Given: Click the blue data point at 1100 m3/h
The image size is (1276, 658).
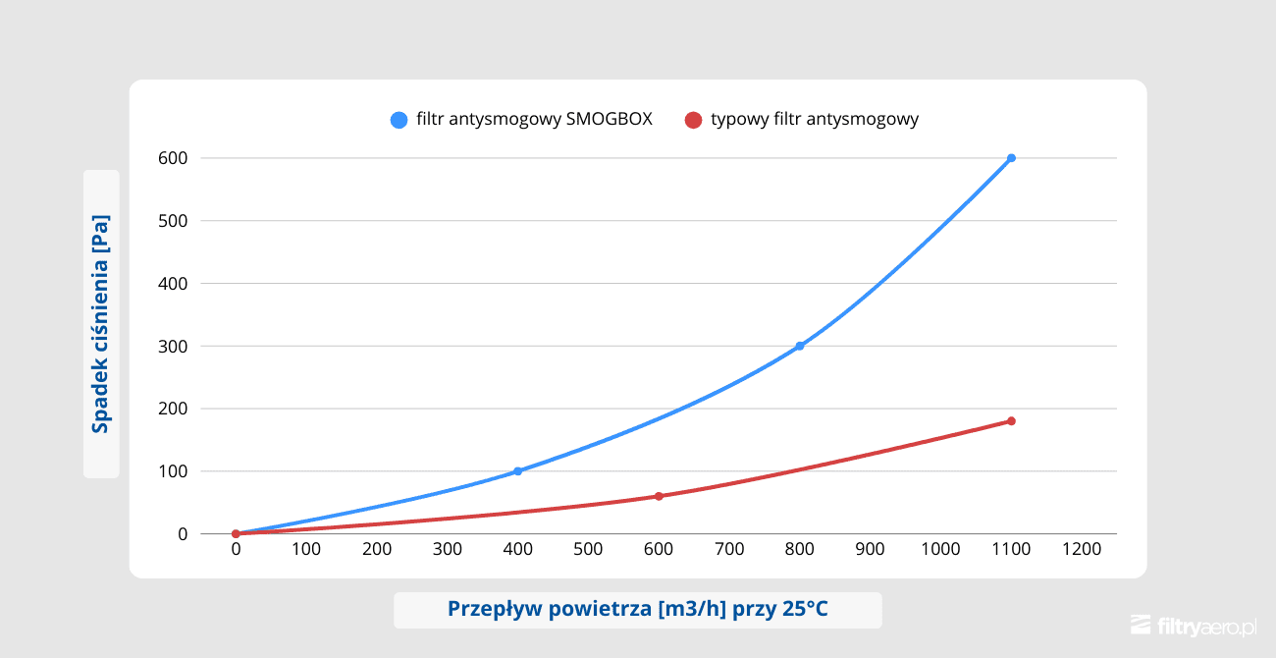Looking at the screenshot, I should pos(1011,158).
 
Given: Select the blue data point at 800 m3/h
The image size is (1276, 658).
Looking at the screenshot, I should pos(800,346).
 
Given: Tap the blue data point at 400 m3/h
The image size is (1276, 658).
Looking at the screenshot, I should pos(517,471).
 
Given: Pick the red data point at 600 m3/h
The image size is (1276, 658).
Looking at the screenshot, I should pos(659,496).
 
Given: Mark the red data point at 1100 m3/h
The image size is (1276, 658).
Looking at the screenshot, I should pos(1011,421).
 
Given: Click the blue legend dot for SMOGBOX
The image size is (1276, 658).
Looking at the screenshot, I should pos(399,120).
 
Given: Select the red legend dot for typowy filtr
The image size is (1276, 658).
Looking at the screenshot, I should pos(693,120).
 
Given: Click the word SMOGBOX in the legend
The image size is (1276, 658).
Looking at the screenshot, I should pos(610,120).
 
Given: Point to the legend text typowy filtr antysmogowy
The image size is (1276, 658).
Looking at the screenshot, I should pos(814,120).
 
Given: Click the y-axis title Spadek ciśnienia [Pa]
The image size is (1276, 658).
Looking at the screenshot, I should pos(100,323).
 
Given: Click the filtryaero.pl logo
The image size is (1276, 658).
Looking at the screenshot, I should pos(1194,626).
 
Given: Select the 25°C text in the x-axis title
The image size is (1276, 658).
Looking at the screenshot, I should pos(805,609).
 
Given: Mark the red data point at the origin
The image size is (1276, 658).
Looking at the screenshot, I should pos(236,534).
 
